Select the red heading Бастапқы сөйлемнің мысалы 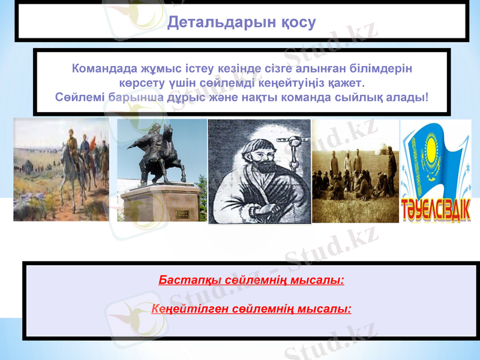click(x=251, y=280)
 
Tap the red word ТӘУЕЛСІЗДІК click(x=436, y=209)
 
